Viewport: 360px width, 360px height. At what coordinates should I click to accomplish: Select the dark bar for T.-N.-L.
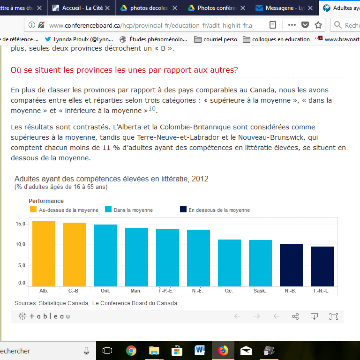click(x=322, y=266)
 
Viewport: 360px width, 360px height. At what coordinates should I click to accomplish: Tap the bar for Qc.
click(x=229, y=263)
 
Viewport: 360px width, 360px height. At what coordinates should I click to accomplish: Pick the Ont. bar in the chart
click(x=105, y=255)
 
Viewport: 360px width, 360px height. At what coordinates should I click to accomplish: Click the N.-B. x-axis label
click(x=291, y=291)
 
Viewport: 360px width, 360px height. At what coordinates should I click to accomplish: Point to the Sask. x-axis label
click(x=260, y=291)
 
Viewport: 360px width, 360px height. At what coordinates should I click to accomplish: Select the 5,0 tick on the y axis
click(x=21, y=265)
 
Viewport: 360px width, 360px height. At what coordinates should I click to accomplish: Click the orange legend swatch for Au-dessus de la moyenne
click(x=33, y=210)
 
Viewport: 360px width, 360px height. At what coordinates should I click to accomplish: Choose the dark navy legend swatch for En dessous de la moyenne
click(x=183, y=210)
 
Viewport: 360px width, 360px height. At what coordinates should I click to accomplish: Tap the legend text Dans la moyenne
click(x=133, y=210)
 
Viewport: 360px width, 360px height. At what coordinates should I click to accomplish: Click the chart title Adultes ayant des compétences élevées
click(x=111, y=179)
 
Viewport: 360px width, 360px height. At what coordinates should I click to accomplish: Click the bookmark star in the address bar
click(x=318, y=25)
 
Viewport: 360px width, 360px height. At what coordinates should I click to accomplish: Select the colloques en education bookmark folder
click(x=276, y=39)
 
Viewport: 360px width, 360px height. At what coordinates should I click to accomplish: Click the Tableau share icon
click(x=295, y=316)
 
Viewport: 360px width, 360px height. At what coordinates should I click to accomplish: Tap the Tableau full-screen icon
click(x=334, y=316)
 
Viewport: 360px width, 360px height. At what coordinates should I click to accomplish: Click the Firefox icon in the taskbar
click(x=223, y=351)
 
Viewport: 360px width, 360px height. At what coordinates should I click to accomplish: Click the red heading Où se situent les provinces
click(x=124, y=70)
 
